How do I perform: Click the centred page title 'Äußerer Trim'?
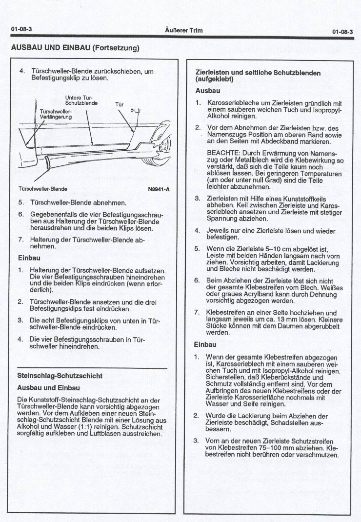click(184, 30)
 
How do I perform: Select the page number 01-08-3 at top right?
click(342, 32)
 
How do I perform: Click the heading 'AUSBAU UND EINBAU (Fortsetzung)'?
click(75, 48)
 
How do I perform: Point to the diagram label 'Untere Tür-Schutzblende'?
click(81, 100)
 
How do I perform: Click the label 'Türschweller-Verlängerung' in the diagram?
click(56, 114)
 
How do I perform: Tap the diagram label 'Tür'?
click(120, 104)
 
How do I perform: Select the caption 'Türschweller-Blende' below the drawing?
click(43, 189)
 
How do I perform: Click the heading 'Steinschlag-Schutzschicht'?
click(60, 376)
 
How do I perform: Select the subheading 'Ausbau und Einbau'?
click(48, 388)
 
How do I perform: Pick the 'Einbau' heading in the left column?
click(29, 258)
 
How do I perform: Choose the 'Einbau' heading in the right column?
click(205, 344)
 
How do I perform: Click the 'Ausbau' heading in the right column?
click(207, 91)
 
